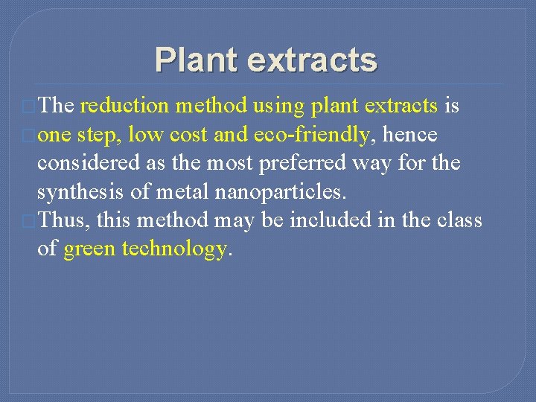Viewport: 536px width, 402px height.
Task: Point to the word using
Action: click(279, 106)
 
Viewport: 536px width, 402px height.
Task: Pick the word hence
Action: click(409, 135)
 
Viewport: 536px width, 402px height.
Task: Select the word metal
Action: click(183, 191)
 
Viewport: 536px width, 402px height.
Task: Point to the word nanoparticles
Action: click(281, 191)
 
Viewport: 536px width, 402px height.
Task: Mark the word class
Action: click(461, 220)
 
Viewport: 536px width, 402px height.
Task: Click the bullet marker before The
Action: click(31, 107)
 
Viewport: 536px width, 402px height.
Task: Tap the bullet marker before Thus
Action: click(31, 221)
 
